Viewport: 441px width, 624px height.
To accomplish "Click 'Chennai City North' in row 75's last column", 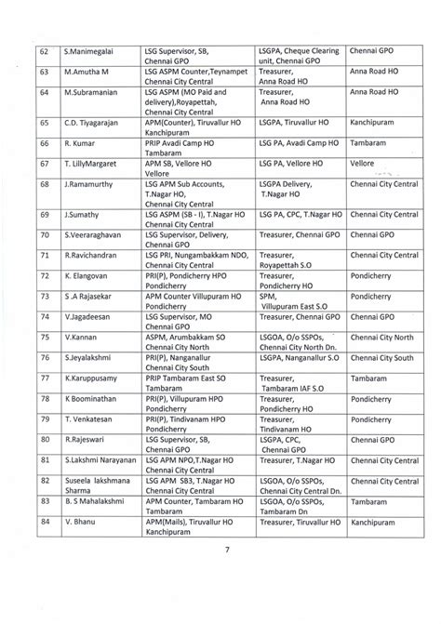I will click(x=383, y=337).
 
